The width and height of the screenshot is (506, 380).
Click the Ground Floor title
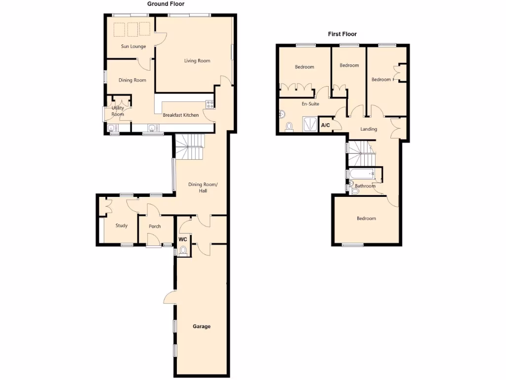pyautogui.click(x=166, y=4)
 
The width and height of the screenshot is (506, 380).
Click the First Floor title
pyautogui.click(x=342, y=34)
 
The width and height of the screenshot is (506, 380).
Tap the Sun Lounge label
pyautogui.click(x=133, y=47)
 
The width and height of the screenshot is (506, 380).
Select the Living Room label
pyautogui.click(x=197, y=61)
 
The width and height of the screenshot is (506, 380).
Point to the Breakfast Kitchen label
pyautogui.click(x=181, y=115)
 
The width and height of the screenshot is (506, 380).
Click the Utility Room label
pyautogui.click(x=118, y=111)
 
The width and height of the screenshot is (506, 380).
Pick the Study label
pyautogui.click(x=122, y=226)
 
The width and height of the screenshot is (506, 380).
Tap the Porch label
pyautogui.click(x=155, y=227)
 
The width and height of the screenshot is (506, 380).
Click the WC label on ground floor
pyautogui.click(x=183, y=239)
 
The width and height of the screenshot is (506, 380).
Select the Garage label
pyautogui.click(x=202, y=327)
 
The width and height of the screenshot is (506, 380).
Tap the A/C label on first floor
pyautogui.click(x=326, y=125)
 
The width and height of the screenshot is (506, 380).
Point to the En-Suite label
pyautogui.click(x=310, y=104)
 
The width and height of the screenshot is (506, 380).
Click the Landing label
pyautogui.click(x=369, y=129)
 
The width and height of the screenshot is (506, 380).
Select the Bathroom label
pyautogui.click(x=365, y=186)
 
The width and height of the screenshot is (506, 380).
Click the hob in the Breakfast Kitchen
pyautogui.click(x=210, y=104)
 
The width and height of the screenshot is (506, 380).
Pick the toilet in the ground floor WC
pyautogui.click(x=183, y=251)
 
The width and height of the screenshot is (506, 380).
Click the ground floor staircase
pyautogui.click(x=189, y=147)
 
